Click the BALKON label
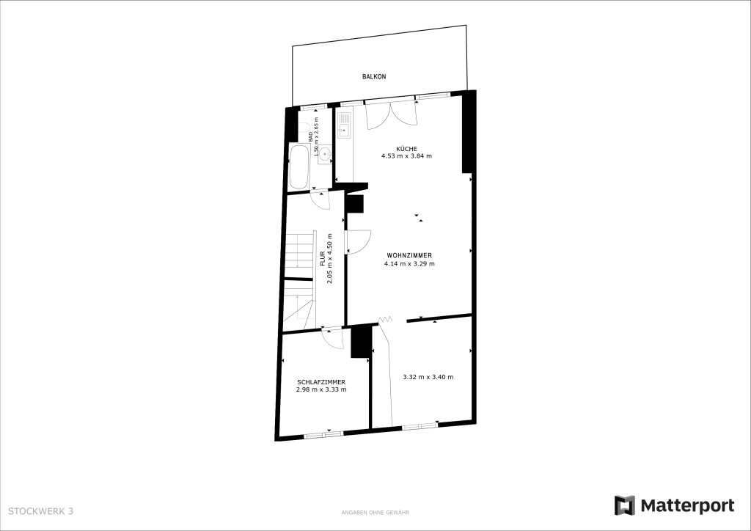(x=374, y=76)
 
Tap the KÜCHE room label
(x=406, y=148)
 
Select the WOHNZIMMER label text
(x=409, y=256)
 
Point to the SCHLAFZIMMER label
(x=321, y=382)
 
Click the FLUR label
(x=323, y=259)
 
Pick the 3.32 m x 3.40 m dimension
(x=428, y=377)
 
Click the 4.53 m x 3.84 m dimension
(x=406, y=156)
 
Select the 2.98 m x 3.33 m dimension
(x=321, y=389)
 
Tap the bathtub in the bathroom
(x=299, y=166)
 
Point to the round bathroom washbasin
(x=325, y=154)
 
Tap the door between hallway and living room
(x=359, y=242)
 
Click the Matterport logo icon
(x=625, y=505)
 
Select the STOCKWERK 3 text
(x=41, y=511)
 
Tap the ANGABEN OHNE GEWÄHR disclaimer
(x=375, y=513)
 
